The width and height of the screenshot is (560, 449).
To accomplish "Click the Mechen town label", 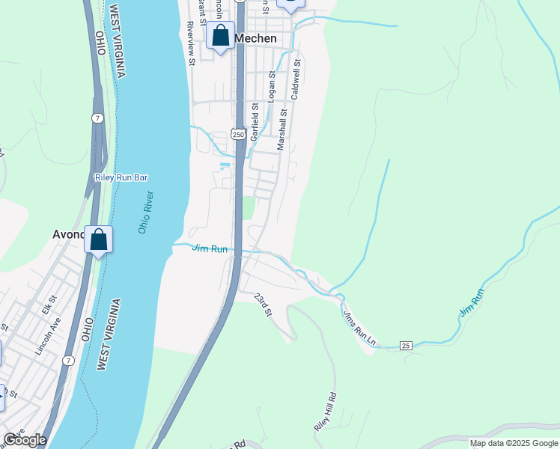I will pos(255,38).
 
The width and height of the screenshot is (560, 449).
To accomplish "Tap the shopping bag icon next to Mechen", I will pos(221,35).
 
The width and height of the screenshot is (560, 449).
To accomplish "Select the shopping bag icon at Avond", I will pos(98,239).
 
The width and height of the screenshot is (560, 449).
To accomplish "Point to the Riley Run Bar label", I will pos(121,177).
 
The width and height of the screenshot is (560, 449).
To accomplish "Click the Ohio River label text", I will pos(146,213).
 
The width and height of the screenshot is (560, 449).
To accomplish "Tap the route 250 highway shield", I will pos(238,134).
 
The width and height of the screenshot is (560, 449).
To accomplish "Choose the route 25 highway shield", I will pos(406,345).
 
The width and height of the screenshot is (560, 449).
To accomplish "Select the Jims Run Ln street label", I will pos(359,330).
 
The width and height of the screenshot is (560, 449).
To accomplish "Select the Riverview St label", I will pos(192,43).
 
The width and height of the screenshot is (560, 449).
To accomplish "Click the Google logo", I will pos(25,440).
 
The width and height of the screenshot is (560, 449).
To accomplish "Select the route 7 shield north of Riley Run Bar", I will pos(97,118).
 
